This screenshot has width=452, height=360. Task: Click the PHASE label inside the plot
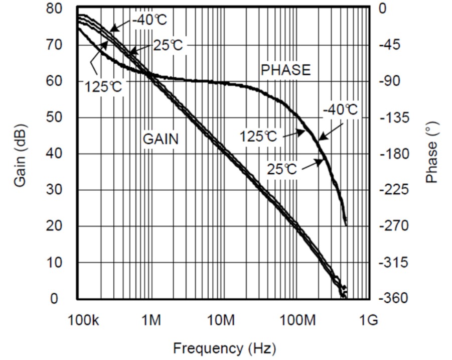tap(285, 70)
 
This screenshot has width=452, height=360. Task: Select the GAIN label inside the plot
tap(161, 139)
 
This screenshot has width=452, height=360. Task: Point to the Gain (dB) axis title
tap(20, 154)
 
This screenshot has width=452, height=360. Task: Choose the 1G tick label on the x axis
tap(369, 320)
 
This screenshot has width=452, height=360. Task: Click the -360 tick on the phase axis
tap(390, 299)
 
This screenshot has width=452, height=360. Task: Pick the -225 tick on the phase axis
tap(390, 190)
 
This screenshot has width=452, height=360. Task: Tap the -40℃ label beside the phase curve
tap(340, 110)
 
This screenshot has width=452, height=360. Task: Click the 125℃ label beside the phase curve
tap(258, 136)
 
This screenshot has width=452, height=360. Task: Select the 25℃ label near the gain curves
tap(168, 46)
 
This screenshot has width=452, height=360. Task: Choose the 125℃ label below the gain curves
tap(103, 86)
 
